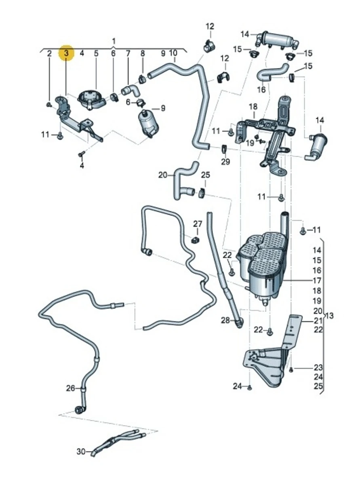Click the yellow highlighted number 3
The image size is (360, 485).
[67, 53]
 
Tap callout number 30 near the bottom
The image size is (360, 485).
[81, 451]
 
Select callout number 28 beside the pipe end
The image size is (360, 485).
[225, 321]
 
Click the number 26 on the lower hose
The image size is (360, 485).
[71, 388]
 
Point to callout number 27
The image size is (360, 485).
[197, 224]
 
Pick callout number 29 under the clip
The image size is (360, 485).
[225, 162]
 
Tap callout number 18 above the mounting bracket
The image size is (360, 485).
[253, 107]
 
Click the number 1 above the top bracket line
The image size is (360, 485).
[114, 41]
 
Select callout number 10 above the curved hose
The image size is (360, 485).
[173, 53]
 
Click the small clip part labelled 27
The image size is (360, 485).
[196, 240]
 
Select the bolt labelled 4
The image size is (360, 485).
[80, 154]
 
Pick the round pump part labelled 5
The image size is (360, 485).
[92, 98]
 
